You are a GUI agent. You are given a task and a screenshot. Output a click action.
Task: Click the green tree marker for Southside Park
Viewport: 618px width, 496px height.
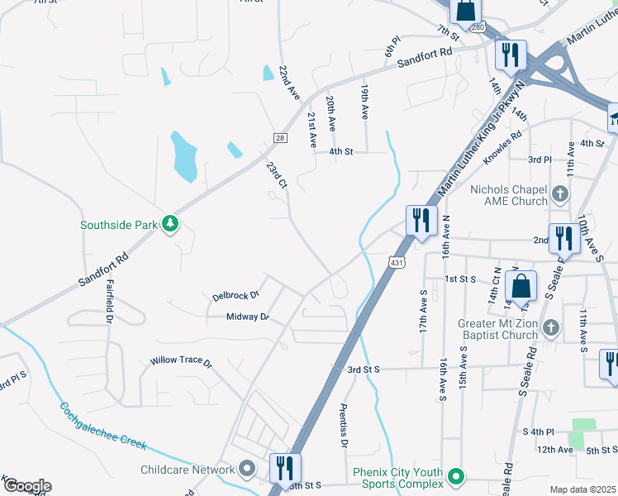[x=170, y=224]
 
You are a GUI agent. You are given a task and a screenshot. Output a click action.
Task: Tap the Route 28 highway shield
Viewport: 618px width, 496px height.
[x=280, y=137]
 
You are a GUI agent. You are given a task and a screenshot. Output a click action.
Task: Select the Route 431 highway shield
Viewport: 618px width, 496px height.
[x=397, y=262]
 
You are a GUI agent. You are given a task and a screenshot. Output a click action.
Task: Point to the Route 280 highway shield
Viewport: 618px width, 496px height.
[x=478, y=27]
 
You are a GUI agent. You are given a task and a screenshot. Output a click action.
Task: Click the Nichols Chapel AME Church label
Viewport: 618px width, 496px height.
[x=508, y=195]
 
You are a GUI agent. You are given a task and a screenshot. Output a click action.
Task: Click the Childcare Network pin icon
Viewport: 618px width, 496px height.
[x=247, y=470]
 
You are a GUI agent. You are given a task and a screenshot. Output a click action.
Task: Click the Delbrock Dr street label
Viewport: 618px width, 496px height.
[x=235, y=294]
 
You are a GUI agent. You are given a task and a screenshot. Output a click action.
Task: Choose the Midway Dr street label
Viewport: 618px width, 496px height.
[x=248, y=317]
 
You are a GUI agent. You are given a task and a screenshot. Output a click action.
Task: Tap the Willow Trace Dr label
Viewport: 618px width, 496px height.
[x=181, y=362]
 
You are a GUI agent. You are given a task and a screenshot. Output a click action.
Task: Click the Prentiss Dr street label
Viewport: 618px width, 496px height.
[x=344, y=426]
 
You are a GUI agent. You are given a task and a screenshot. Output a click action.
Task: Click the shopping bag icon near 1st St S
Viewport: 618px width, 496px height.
[x=521, y=287]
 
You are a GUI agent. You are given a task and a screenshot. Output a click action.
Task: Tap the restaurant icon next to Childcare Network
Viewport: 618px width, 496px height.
[x=285, y=468]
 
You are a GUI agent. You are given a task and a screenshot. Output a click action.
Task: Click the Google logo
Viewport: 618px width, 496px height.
[x=26, y=486]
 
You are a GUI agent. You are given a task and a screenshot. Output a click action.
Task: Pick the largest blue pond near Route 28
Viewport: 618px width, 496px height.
[x=183, y=157]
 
